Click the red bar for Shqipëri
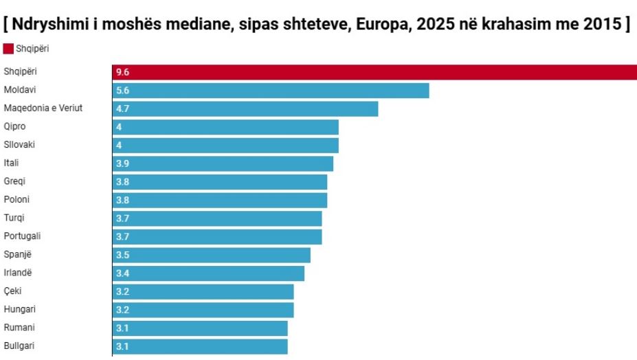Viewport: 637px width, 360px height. pyautogui.click(x=375, y=72)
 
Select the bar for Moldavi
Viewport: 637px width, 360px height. pyautogui.click(x=271, y=91)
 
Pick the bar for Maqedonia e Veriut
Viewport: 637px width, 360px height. pyautogui.click(x=245, y=109)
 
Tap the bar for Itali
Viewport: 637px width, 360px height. pyautogui.click(x=223, y=164)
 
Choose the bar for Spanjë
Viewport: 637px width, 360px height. pyautogui.click(x=212, y=255)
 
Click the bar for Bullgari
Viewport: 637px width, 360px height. pyautogui.click(x=200, y=346)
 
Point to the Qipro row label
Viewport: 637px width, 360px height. pyautogui.click(x=15, y=126)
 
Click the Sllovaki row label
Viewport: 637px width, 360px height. pyautogui.click(x=19, y=145)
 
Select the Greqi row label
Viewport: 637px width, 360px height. pyautogui.click(x=15, y=181)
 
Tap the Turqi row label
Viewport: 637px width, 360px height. pyautogui.click(x=14, y=218)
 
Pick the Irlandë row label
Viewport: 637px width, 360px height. pyautogui.click(x=17, y=273)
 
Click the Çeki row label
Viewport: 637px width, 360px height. pyautogui.click(x=13, y=291)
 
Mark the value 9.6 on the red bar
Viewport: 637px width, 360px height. pyautogui.click(x=123, y=72)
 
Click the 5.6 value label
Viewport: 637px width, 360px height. pyautogui.click(x=123, y=91)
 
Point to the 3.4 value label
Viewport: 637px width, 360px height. pyautogui.click(x=123, y=273)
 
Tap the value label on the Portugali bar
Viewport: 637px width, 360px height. pyautogui.click(x=123, y=236)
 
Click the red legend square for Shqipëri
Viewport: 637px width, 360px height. pyautogui.click(x=8, y=49)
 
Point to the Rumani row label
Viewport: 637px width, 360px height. pyautogui.click(x=19, y=328)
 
